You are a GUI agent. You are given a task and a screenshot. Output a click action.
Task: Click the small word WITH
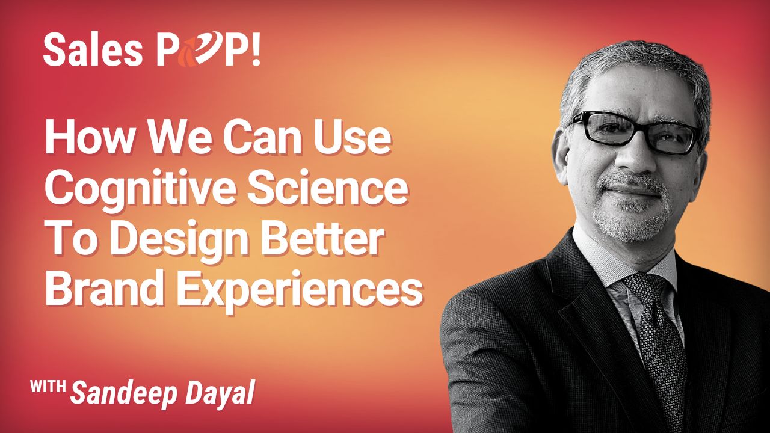pos(48,386)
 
